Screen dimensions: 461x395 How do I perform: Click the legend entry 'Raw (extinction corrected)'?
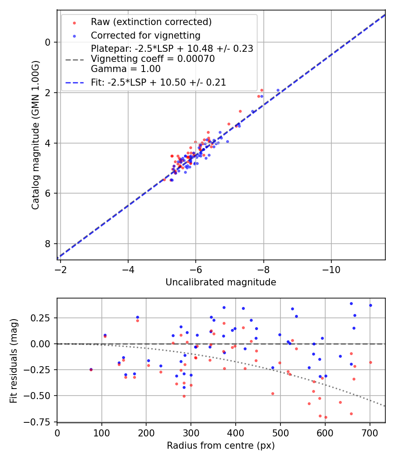pos(151,22)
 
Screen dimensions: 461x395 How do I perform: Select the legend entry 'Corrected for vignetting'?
pos(145,36)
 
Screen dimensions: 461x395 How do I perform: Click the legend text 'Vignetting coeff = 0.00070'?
pos(153,59)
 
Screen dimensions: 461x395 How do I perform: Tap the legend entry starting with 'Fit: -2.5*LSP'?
pos(158,83)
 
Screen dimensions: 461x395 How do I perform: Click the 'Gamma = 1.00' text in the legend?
pos(126,69)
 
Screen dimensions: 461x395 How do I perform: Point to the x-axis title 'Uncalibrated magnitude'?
pos(221,282)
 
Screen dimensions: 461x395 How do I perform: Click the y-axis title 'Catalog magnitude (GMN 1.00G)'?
pos(36,134)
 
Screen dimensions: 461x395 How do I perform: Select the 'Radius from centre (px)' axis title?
pos(221,446)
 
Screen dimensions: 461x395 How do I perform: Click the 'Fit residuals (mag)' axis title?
pos(14,360)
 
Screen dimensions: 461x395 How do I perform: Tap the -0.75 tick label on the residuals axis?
pos(41,422)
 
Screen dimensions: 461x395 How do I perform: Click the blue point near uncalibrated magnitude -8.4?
pos(278,90)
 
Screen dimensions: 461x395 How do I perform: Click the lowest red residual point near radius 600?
pos(326,417)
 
